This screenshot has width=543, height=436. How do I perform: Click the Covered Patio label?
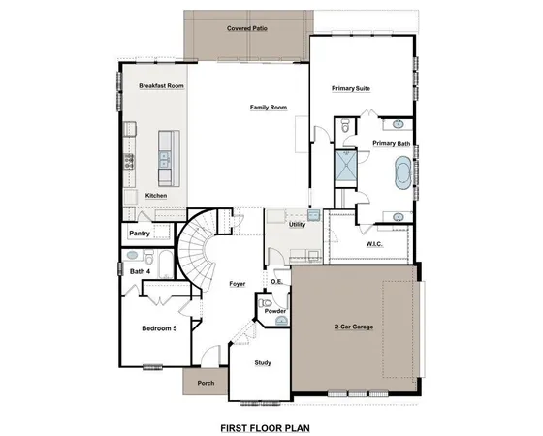[247, 29]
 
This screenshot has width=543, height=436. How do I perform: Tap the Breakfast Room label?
[161, 85]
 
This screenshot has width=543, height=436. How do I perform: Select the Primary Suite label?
[352, 88]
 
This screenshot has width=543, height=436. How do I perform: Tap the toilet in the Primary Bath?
[345, 127]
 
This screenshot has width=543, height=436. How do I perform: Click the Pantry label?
[138, 234]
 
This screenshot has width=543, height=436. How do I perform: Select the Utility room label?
[297, 224]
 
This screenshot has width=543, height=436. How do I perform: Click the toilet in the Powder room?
[266, 304]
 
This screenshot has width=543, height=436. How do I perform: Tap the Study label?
[262, 363]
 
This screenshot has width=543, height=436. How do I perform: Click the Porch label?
[205, 383]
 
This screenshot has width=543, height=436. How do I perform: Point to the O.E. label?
[277, 281]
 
